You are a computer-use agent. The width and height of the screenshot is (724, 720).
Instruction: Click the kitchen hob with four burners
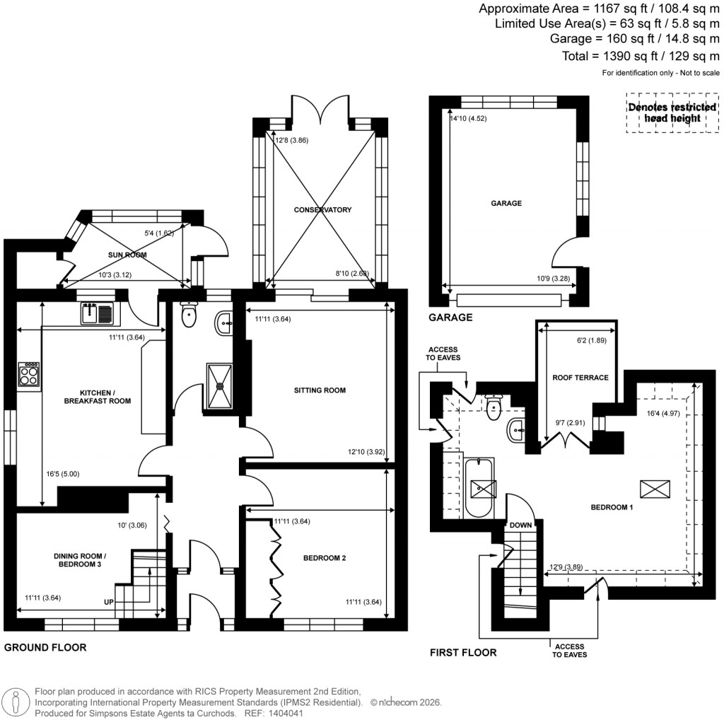click(x=29, y=373)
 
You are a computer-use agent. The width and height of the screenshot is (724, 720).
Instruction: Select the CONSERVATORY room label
click(x=323, y=210)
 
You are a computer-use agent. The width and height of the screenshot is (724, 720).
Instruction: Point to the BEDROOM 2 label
click(x=325, y=558)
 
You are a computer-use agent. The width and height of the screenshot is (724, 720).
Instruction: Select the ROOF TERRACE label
click(x=580, y=378)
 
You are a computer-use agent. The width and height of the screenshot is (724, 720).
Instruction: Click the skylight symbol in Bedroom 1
click(x=654, y=489)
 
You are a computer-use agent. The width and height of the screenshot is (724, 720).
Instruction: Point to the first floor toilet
click(x=494, y=405)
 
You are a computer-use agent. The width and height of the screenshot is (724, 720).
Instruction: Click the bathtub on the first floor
click(x=480, y=488)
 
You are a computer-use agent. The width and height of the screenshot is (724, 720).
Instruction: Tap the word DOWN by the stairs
click(x=520, y=526)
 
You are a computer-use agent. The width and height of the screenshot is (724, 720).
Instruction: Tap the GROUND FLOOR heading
click(x=46, y=647)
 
